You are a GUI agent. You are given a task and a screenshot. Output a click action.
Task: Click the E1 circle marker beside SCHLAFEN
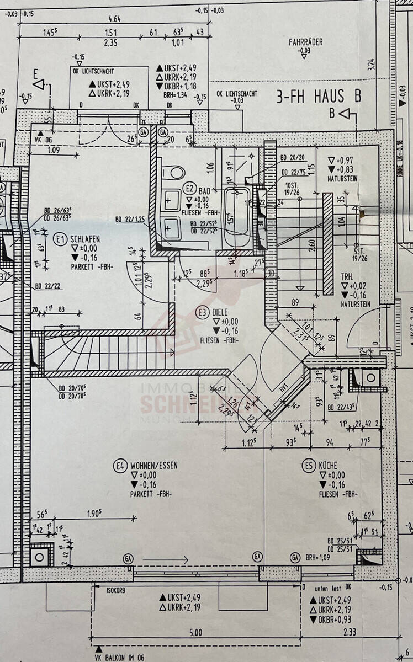click(60, 239)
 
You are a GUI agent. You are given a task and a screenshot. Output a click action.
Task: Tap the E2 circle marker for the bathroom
click(190, 187)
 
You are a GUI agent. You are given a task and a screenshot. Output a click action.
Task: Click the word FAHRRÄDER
click(305, 42)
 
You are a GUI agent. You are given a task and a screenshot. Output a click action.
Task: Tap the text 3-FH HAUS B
click(319, 97)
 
